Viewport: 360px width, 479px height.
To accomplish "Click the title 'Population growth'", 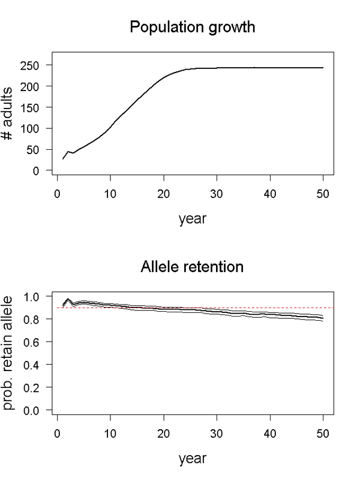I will [192, 28].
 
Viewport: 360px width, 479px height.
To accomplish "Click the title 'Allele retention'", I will [192, 267].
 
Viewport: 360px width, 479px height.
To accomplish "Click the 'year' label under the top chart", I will [192, 219].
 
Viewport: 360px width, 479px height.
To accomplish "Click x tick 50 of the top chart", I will [323, 194].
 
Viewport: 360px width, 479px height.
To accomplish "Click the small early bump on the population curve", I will [68, 151].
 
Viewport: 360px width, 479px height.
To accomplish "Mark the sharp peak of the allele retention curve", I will [68, 299].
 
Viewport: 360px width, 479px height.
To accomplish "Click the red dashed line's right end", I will [333, 308].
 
